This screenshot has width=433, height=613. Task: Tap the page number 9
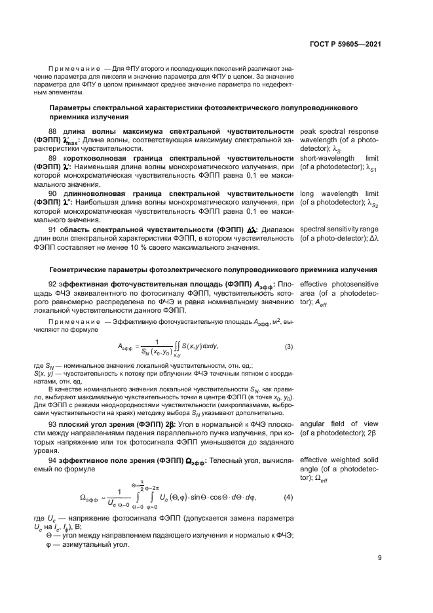point(380,559)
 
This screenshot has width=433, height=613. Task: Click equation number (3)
point(288,346)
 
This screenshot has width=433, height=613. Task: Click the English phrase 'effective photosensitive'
point(340,284)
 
